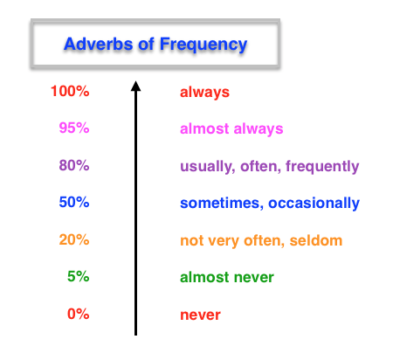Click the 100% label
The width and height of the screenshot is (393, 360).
[x=70, y=91]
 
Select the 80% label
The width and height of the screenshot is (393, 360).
[x=72, y=166]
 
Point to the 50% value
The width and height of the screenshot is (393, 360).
[x=72, y=203]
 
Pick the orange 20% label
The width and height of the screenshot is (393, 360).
[x=72, y=240]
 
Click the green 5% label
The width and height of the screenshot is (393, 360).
[x=77, y=277]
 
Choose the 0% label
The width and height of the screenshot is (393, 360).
[x=77, y=315]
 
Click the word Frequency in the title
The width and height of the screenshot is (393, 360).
[x=204, y=43]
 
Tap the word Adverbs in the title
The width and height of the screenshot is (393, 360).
[x=97, y=43]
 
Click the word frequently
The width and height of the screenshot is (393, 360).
[x=317, y=166]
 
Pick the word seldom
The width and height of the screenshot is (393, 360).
[x=319, y=240]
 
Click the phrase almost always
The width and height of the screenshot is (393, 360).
[x=231, y=128]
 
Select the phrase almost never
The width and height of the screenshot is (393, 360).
[x=226, y=278]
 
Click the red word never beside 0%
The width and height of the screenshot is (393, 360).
[x=200, y=315]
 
